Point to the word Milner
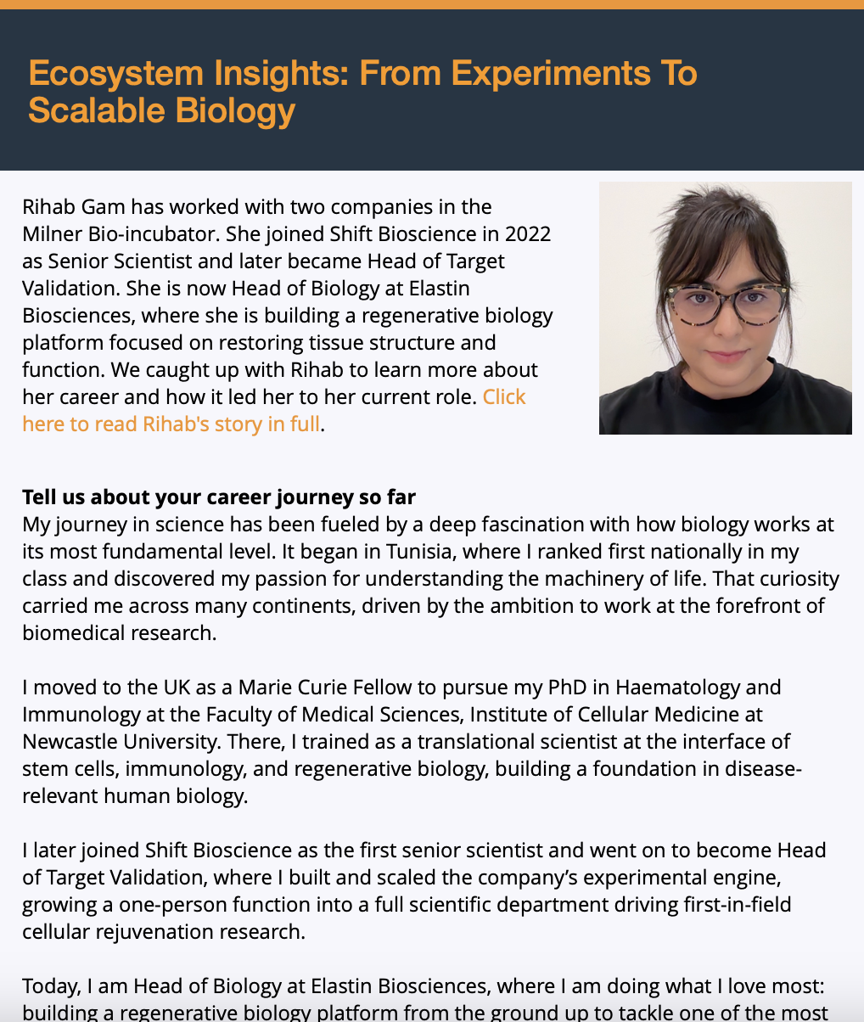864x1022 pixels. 53,234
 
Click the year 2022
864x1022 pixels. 527,234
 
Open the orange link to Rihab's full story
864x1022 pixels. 171,424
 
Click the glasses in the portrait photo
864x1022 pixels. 727,301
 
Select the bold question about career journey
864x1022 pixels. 219,497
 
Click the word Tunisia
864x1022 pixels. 419,552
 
